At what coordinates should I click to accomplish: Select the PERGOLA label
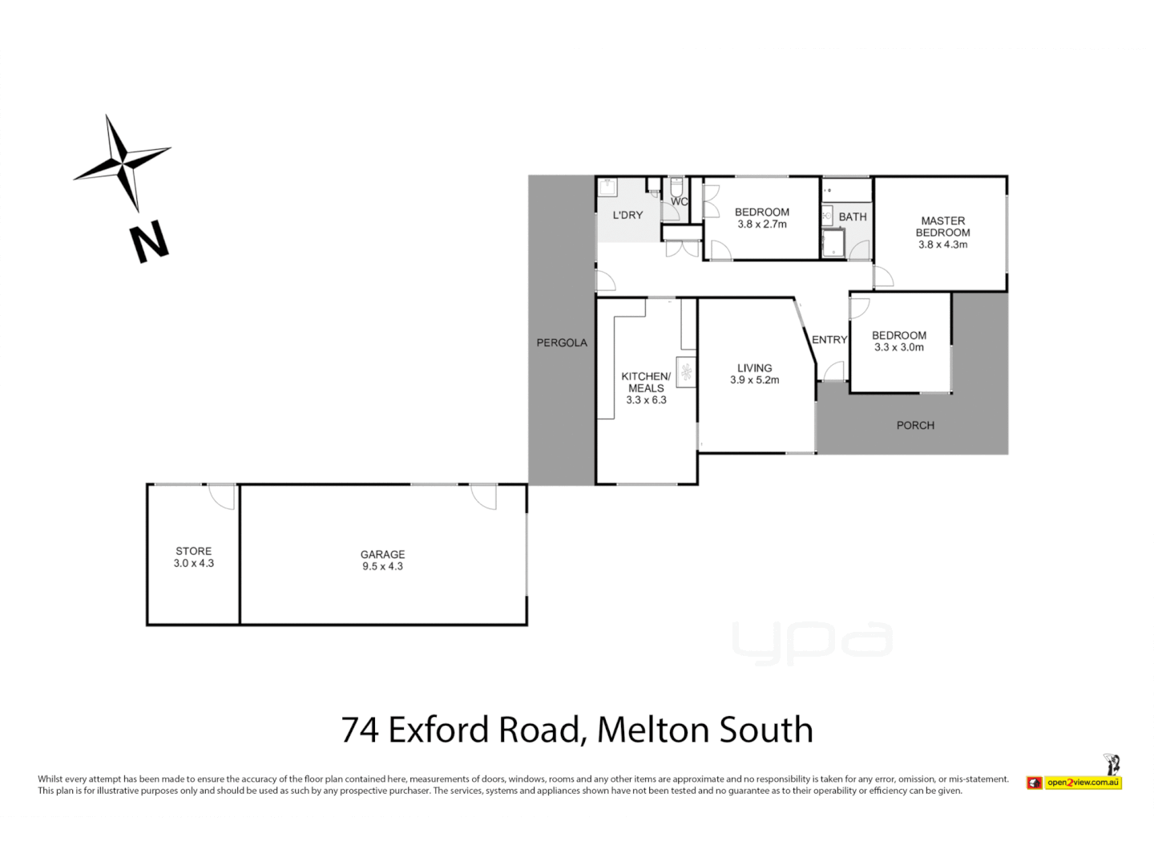point(562,343)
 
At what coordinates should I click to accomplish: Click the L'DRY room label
point(627,215)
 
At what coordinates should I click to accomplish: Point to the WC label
point(680,201)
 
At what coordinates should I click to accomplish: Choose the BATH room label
point(853,216)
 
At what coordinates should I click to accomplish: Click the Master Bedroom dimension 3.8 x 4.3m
point(942,245)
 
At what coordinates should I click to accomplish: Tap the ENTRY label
point(829,340)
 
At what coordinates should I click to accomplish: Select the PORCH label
point(915,425)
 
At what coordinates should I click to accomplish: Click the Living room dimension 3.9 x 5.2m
point(754,380)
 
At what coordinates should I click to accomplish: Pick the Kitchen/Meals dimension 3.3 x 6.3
point(646,400)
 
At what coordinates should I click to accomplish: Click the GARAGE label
point(382,554)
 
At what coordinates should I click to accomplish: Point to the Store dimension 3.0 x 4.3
point(194,564)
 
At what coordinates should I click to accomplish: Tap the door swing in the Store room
point(223,496)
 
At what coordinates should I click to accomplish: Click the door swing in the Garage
point(484,496)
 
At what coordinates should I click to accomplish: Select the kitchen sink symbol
point(687,371)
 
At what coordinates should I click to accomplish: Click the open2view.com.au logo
point(1082,782)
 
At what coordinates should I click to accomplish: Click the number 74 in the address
point(360,730)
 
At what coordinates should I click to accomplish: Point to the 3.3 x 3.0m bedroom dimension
point(899,347)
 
